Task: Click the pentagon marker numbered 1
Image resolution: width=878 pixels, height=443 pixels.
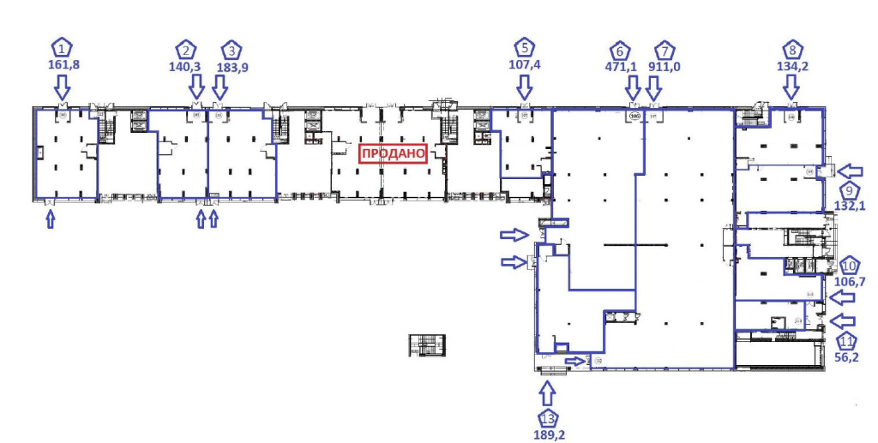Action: click(62, 48)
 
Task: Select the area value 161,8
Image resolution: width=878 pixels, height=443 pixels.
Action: click(62, 63)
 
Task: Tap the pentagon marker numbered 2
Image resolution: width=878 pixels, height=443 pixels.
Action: click(186, 49)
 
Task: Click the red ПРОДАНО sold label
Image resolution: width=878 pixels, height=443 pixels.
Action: click(393, 153)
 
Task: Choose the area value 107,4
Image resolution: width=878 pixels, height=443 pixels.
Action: click(525, 63)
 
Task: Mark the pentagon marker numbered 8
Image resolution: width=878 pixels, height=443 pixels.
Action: click(794, 48)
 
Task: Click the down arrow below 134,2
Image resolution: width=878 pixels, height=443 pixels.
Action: click(791, 86)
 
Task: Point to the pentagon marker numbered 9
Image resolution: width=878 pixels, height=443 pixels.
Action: click(850, 190)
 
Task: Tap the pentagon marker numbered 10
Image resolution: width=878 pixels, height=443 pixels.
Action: click(851, 266)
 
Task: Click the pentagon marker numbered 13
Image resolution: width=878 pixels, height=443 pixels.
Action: click(548, 419)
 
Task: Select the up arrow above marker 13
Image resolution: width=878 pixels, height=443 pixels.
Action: click(548, 393)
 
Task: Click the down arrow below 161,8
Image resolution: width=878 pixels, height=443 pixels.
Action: click(62, 86)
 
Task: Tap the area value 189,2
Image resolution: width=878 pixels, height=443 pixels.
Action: click(548, 434)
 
